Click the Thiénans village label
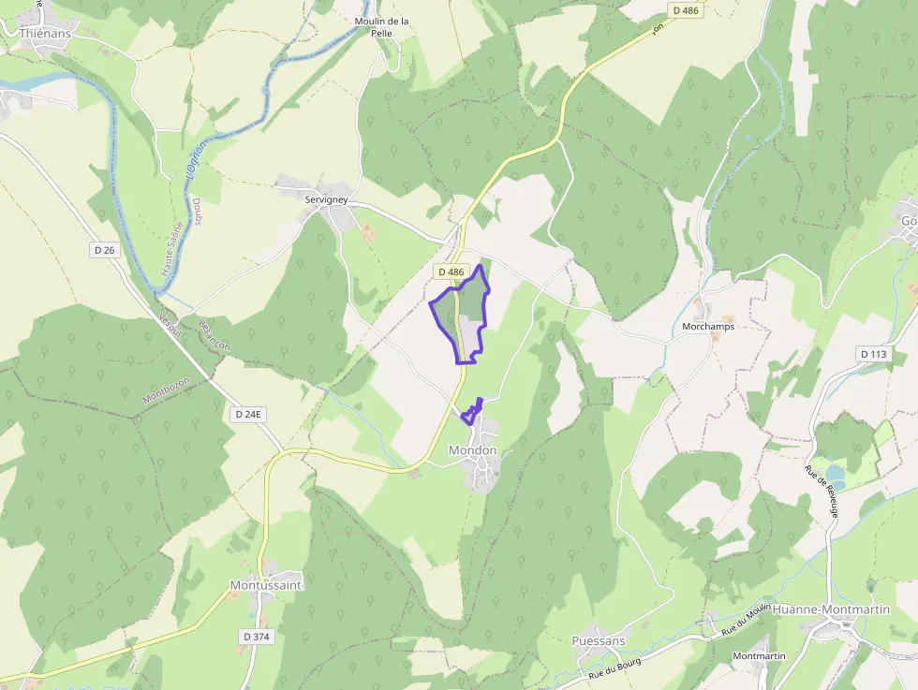point(46,33)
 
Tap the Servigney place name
point(326,200)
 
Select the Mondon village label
point(473,450)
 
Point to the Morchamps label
point(708,327)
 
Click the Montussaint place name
point(266,585)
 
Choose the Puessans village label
point(598,641)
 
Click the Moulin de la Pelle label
point(381,26)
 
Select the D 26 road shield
point(103,250)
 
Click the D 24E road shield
point(250,414)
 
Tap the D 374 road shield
point(256,637)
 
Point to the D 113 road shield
point(872,354)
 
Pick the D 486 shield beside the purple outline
point(451,272)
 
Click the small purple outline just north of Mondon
point(472,412)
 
